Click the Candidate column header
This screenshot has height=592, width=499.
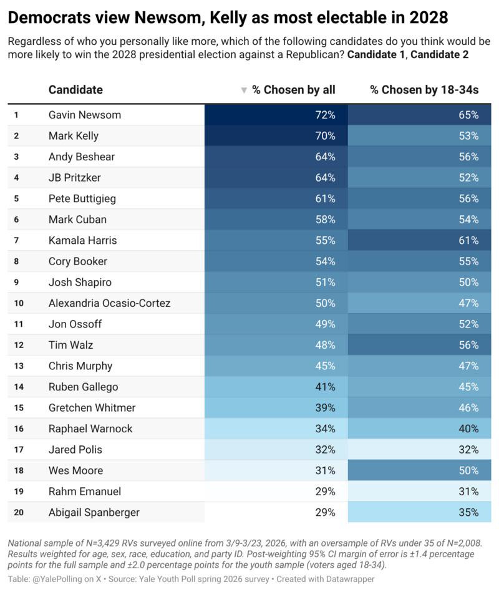tap(75, 90)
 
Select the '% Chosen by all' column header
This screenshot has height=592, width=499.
tap(294, 90)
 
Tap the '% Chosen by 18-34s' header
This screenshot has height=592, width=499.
tap(424, 90)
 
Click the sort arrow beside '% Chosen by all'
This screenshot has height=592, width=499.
tap(244, 90)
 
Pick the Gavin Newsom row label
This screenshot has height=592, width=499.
tap(85, 115)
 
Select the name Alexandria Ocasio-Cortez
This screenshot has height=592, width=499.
tap(109, 303)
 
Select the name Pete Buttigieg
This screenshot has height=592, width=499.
tap(82, 198)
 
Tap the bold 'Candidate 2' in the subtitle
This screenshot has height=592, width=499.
tap(440, 55)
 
